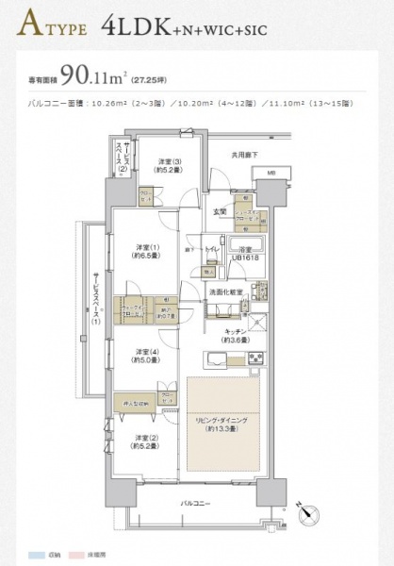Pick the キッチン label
coord(235,337)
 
